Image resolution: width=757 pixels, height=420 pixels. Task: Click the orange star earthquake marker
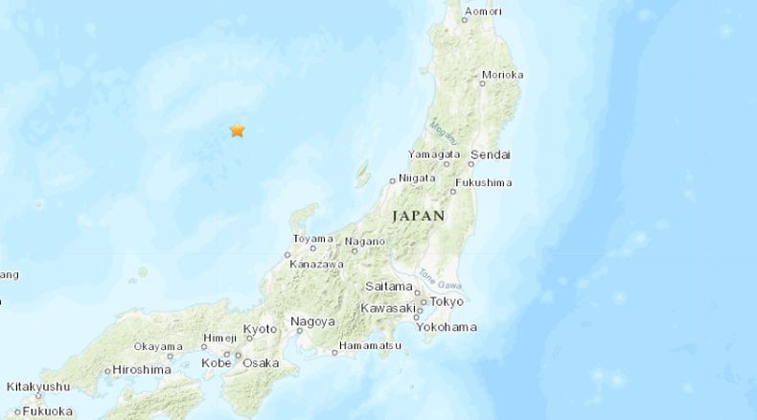[x=237, y=130]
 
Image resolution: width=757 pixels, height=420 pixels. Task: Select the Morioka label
[x=502, y=74]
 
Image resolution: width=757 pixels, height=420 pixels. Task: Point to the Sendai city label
[x=492, y=154]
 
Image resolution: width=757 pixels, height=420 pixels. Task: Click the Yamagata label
[x=434, y=154]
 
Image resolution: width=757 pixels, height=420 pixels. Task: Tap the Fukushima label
[x=484, y=182]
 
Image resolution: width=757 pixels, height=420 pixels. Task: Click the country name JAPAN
[x=419, y=217]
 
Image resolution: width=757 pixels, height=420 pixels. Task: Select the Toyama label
[x=312, y=239]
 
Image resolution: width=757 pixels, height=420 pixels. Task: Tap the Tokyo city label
[x=447, y=301]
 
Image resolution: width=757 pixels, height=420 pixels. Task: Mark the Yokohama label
[x=446, y=327]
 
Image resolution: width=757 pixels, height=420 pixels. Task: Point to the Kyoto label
[x=261, y=329]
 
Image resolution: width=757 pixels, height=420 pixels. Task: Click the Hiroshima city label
[x=142, y=369]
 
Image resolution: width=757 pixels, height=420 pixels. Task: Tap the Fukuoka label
[x=47, y=411]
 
